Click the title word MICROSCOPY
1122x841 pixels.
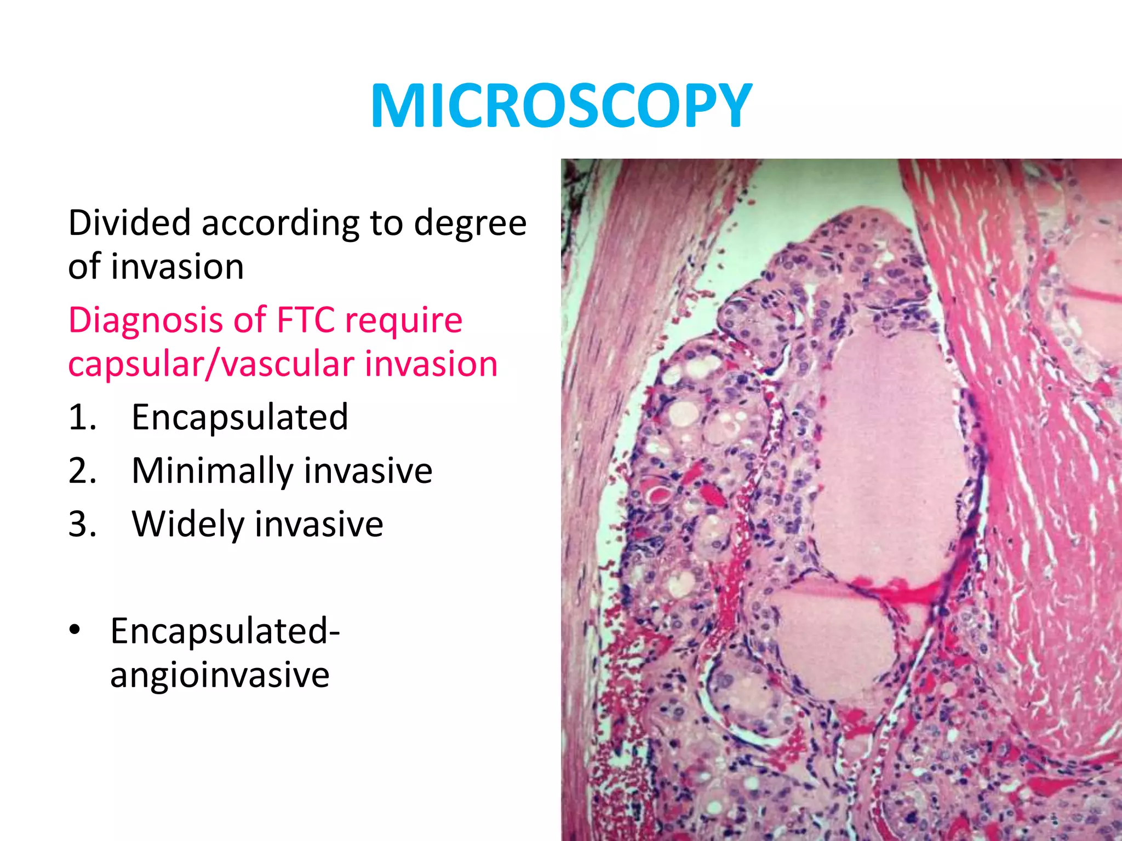561,106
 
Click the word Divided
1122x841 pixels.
130,223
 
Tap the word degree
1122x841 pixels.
470,224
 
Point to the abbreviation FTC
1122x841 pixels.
306,320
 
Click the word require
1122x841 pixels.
403,321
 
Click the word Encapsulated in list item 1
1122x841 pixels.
240,417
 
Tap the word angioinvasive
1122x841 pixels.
220,675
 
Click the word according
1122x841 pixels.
280,224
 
